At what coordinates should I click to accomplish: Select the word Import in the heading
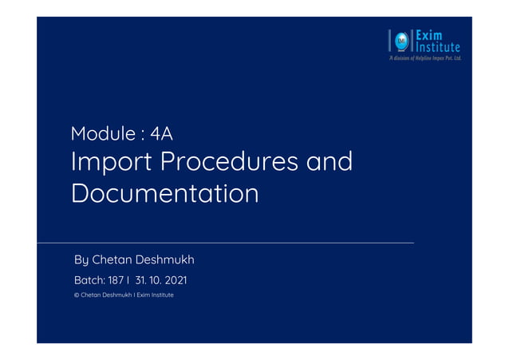[108, 162]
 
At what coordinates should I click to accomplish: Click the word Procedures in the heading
[229, 162]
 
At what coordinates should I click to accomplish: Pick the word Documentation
[164, 194]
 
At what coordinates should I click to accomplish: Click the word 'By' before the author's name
[81, 260]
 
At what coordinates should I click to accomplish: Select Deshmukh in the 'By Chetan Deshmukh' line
[165, 259]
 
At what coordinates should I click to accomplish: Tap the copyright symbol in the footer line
[76, 295]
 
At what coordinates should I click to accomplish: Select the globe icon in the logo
[400, 40]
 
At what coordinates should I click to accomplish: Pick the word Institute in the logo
[437, 47]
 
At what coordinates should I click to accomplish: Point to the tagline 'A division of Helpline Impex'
[424, 58]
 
